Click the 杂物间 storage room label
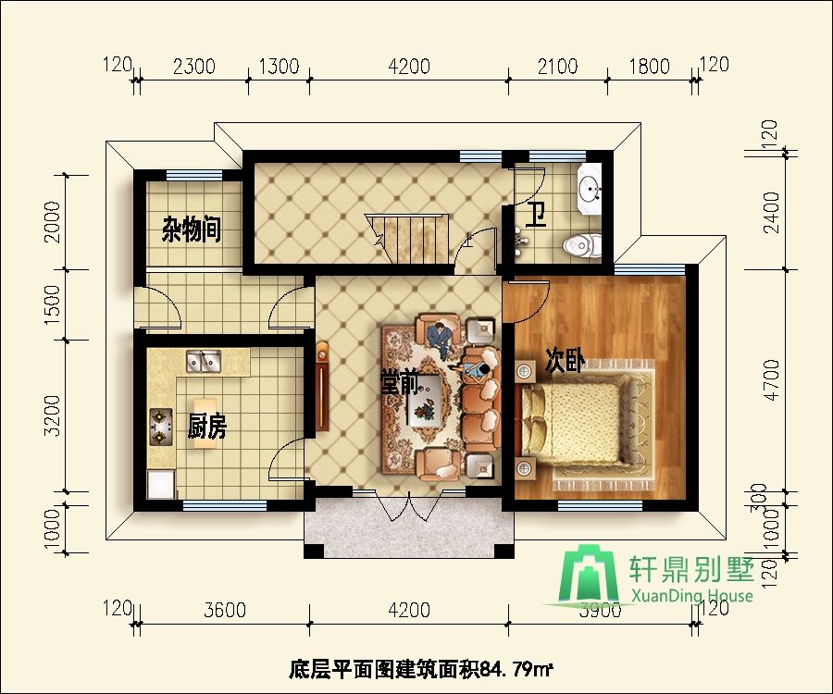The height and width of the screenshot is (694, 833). pos(192,229)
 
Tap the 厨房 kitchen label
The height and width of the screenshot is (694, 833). pos(207,426)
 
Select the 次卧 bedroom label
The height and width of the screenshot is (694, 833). pos(566,362)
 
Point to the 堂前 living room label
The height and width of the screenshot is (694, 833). pos(400,383)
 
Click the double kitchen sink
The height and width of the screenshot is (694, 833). pos(204,361)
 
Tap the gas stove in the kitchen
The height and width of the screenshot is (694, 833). pos(161,427)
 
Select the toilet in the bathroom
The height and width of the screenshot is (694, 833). pos(582,245)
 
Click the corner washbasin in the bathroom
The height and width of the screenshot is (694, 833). pos(589,188)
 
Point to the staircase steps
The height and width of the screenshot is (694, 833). pos(413,239)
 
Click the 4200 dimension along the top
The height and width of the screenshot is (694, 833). pos(408,67)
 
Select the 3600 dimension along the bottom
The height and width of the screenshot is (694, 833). pos(225,610)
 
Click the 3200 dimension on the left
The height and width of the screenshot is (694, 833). pos(52,415)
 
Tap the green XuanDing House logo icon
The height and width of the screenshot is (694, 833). pos(591,575)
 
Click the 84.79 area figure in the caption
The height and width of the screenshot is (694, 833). pos(507,669)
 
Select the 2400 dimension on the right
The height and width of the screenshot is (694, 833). pos(770,213)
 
